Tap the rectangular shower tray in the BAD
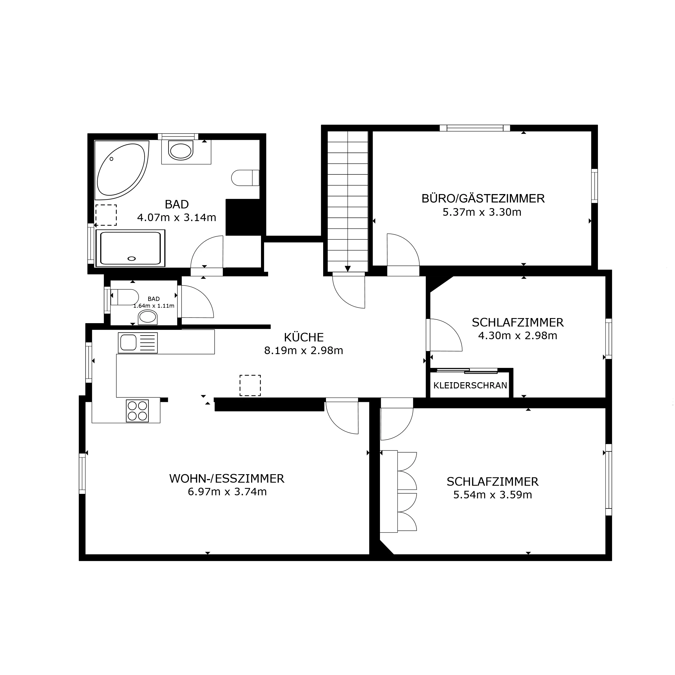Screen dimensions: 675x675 (x=130, y=248)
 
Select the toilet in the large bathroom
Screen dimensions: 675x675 (x=245, y=178)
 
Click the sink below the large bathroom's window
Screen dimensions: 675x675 (x=181, y=150)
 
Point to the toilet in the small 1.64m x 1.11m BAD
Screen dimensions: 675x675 (x=125, y=297)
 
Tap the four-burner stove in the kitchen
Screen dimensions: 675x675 (x=137, y=411)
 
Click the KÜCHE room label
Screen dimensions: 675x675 (x=304, y=337)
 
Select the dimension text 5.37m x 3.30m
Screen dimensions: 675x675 (x=482, y=212)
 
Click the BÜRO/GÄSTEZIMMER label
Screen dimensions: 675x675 (x=483, y=199)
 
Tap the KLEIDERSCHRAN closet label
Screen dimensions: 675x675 (x=470, y=385)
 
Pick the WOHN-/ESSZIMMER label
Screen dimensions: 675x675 (x=227, y=479)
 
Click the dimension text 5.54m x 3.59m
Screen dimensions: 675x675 (x=493, y=495)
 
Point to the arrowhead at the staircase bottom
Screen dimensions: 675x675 (x=348, y=269)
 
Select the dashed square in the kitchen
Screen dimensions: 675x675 (x=250, y=385)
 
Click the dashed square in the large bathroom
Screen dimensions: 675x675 (x=106, y=215)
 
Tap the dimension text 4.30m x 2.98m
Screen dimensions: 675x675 (x=517, y=336)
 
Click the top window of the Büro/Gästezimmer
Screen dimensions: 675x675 (x=475, y=128)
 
